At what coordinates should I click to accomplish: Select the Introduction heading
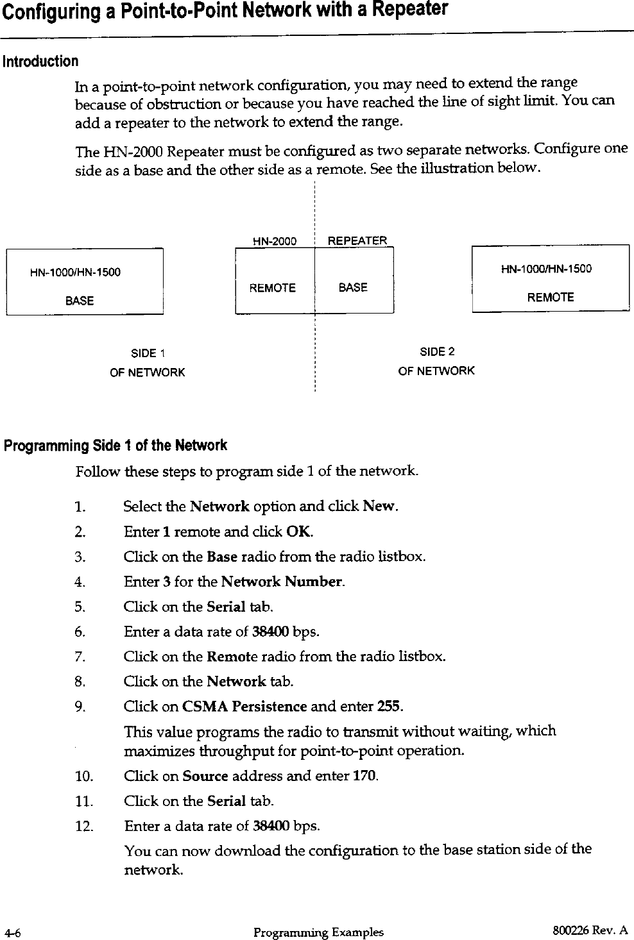click(41, 62)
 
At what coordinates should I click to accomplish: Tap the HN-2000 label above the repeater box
click(275, 242)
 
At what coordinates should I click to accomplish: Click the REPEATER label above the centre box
click(357, 241)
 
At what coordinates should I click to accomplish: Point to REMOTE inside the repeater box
click(272, 289)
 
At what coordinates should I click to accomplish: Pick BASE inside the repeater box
click(353, 288)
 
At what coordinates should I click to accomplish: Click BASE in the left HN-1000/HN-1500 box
click(80, 301)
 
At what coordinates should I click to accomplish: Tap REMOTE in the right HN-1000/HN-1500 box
click(551, 298)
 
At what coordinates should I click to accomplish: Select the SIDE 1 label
click(148, 353)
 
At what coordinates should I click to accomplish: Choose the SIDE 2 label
click(437, 351)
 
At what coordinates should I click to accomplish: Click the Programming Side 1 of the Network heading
click(116, 446)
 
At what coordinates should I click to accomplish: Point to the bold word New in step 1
click(380, 507)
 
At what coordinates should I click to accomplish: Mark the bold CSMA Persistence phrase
click(244, 707)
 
